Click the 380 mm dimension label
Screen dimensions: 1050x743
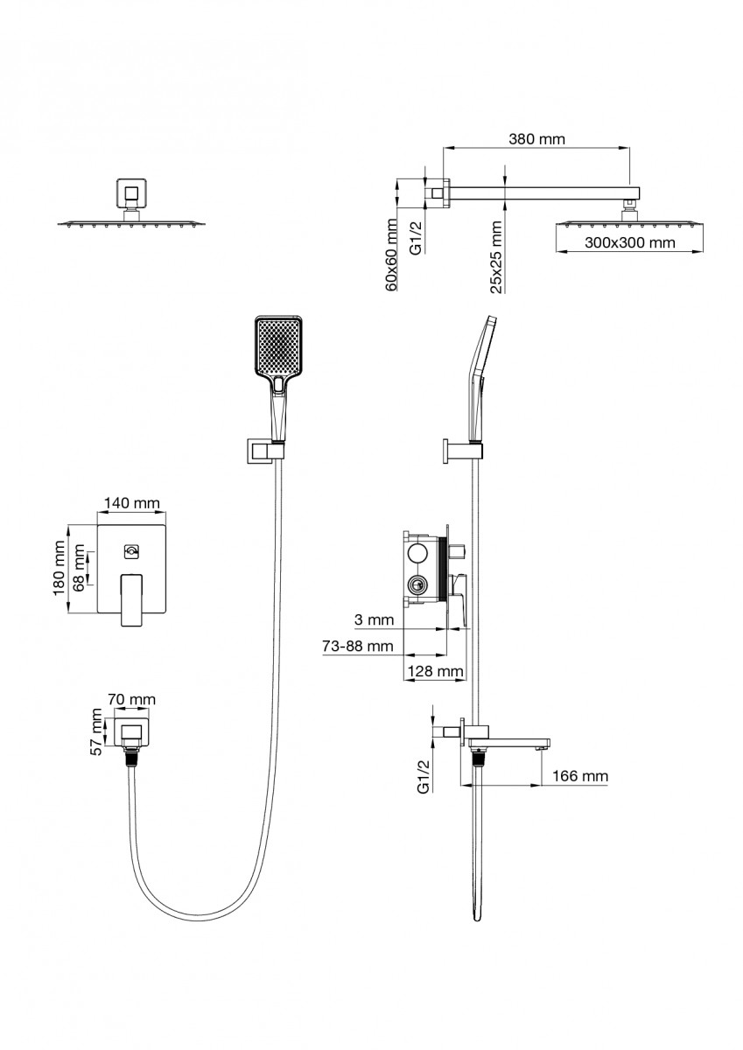(x=536, y=139)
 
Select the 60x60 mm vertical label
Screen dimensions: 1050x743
(x=393, y=255)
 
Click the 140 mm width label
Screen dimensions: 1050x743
(x=131, y=502)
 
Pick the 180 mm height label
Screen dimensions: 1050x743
(x=60, y=569)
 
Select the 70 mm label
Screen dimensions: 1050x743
(x=131, y=699)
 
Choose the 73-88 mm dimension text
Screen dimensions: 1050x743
(x=356, y=646)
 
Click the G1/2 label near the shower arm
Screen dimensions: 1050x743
(x=417, y=235)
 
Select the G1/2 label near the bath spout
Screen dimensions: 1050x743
(x=423, y=775)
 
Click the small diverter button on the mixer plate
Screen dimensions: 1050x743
(x=131, y=550)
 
